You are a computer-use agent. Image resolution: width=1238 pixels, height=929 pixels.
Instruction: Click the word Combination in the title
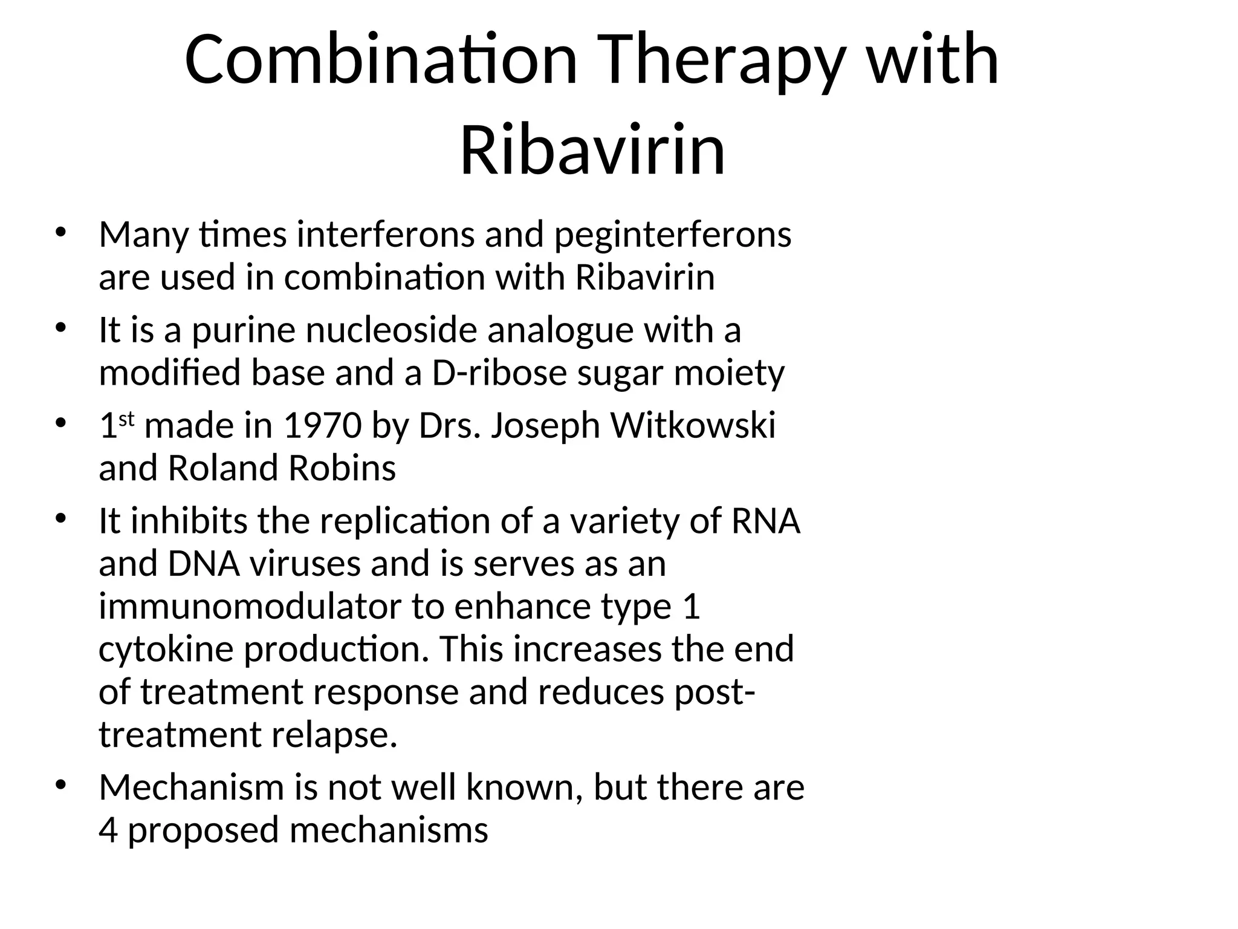click(x=381, y=60)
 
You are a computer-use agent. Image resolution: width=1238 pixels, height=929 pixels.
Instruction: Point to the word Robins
click(x=342, y=468)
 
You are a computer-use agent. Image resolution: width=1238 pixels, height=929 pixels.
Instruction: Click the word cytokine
click(x=166, y=649)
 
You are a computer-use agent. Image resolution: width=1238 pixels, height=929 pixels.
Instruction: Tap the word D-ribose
click(x=499, y=373)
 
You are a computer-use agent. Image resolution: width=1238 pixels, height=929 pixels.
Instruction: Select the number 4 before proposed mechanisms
click(x=108, y=830)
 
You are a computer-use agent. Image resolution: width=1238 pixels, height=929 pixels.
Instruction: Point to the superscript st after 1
click(x=126, y=419)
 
